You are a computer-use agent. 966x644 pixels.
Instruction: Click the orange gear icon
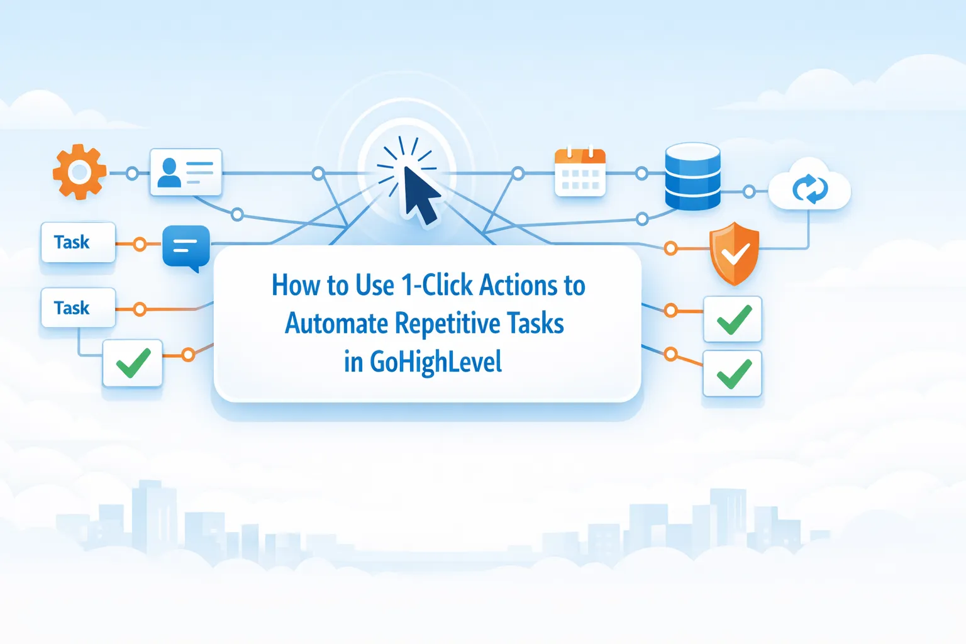point(79,172)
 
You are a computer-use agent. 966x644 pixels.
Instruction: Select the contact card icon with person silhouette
point(186,172)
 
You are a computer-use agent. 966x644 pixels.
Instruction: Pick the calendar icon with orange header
point(580,172)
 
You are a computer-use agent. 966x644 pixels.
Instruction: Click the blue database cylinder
point(692,176)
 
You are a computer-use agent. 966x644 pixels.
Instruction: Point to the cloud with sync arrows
point(809,187)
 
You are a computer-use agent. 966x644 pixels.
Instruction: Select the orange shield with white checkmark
point(734,253)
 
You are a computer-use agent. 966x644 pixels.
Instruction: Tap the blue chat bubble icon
point(186,247)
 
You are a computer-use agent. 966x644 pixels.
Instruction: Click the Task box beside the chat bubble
point(78,242)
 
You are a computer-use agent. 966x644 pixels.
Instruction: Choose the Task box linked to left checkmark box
point(78,308)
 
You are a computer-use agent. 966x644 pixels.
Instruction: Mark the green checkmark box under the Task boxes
point(133,364)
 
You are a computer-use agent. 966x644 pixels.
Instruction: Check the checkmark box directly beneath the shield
point(733,319)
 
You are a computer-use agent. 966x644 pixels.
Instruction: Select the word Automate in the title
point(336,324)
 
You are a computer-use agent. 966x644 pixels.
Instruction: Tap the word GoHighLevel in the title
point(435,362)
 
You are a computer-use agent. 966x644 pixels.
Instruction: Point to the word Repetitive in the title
point(447,324)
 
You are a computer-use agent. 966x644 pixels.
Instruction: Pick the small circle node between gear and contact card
point(132,173)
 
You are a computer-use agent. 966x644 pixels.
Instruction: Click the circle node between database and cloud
point(749,191)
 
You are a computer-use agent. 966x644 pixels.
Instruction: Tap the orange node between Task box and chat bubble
point(140,244)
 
